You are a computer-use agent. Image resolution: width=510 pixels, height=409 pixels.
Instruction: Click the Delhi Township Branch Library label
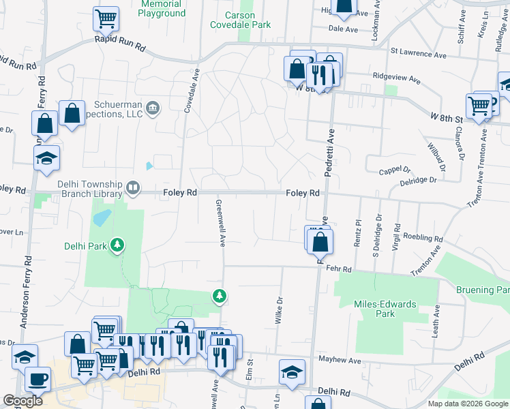point(87,189)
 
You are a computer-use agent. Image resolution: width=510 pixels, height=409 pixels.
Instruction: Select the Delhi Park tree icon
point(118,244)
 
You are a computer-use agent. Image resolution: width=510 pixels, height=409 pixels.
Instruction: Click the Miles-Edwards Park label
point(376,309)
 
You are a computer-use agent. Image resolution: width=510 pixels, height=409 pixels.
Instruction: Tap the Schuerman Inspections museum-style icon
point(153,107)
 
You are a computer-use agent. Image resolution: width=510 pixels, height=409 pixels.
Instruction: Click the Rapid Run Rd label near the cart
point(121,47)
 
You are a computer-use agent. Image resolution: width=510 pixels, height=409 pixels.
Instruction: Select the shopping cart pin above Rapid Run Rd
point(105,18)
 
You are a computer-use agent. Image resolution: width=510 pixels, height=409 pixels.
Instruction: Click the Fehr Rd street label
point(343,269)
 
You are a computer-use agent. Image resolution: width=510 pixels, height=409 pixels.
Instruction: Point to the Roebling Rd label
point(423,239)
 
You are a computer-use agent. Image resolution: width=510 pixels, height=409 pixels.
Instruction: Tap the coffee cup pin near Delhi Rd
point(37,378)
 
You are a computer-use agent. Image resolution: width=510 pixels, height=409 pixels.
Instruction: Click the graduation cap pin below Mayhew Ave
point(292,372)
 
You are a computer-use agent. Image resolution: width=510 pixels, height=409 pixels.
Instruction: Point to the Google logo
point(22,401)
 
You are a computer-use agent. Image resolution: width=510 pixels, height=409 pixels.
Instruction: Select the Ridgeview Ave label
point(397,78)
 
